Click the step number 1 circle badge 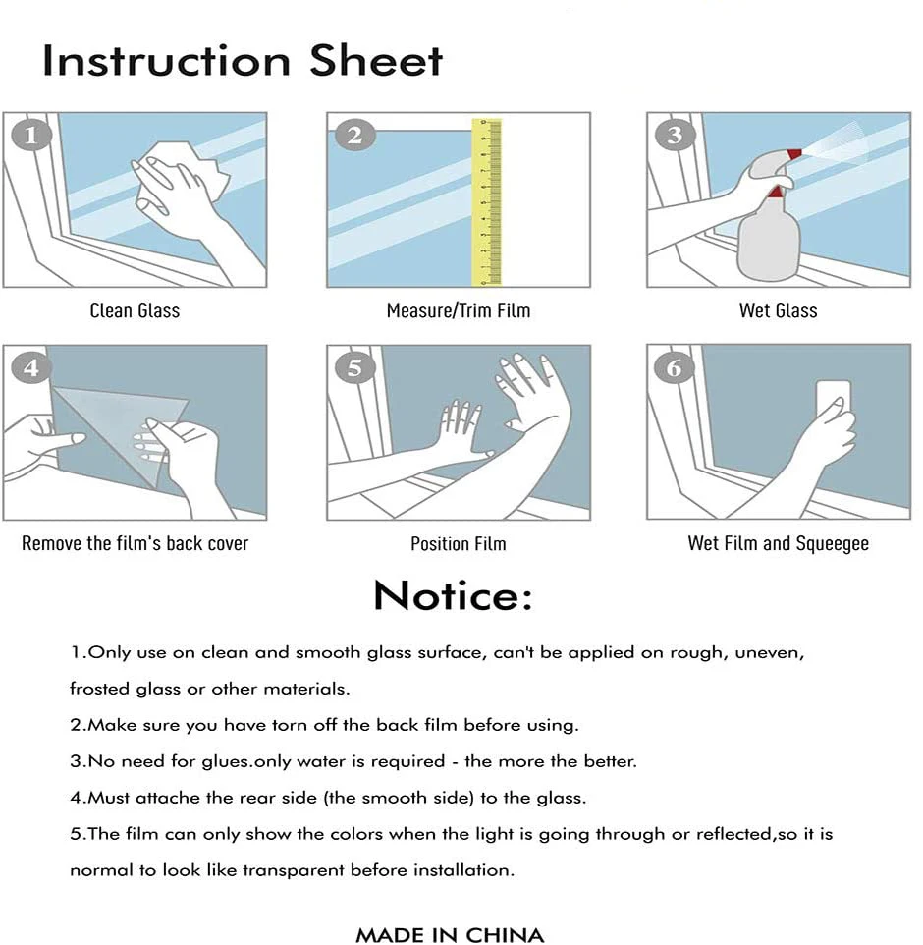(30, 135)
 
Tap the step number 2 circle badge (354, 135)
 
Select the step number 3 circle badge (675, 135)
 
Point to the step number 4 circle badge (30, 367)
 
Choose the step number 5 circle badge (354, 367)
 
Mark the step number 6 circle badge (675, 367)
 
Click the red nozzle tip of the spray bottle (794, 153)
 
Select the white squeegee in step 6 (834, 401)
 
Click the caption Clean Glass (135, 310)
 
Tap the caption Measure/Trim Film (459, 310)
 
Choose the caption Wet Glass (779, 310)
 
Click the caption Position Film (459, 543)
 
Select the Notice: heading (453, 595)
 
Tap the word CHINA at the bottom (505, 935)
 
